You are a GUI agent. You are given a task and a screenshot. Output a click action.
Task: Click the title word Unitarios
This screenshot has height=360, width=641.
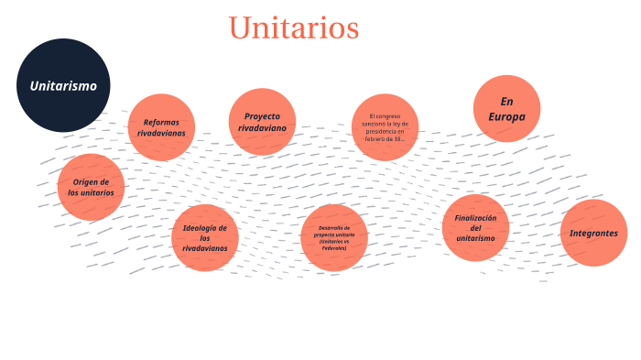pos(293,27)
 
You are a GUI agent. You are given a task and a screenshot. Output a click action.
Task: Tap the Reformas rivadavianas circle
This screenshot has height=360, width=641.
pos(161,127)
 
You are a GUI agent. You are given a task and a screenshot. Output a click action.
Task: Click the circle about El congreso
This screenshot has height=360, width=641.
pos(385,127)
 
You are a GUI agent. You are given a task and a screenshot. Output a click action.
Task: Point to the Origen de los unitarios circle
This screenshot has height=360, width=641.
pos(91,188)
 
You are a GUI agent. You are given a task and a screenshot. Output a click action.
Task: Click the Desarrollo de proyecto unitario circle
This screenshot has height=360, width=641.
pos(333,237)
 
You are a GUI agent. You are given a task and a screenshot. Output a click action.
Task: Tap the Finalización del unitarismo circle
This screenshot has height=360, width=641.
pos(475,227)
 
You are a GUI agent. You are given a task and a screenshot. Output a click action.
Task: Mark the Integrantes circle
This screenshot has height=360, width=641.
pos(593,233)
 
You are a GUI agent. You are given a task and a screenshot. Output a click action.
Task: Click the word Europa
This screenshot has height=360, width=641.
pos(506,116)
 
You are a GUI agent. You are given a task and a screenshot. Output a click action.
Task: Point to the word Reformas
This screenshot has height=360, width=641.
pos(161,122)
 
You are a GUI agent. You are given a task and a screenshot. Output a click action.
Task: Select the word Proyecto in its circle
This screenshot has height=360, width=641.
pos(262,116)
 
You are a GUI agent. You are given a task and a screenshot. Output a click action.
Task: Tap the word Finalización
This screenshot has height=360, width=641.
pos(475,218)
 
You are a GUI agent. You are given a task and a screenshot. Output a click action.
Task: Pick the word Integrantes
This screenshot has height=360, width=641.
pos(593,233)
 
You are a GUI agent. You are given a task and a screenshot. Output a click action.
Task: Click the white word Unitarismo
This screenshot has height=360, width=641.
pos(63,86)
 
